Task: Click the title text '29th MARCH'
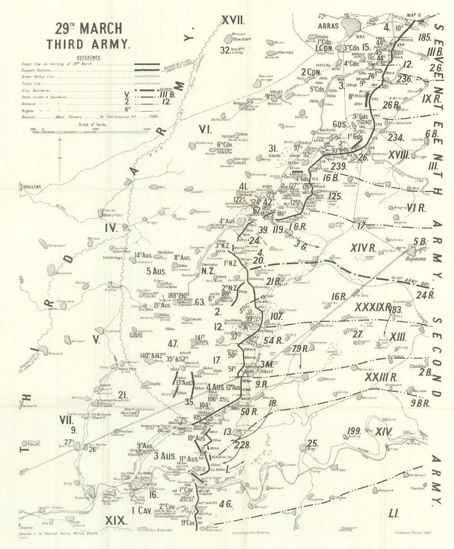(89, 28)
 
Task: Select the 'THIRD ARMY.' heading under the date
(89, 44)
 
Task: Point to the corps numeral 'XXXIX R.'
(373, 307)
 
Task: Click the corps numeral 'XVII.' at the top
(232, 20)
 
